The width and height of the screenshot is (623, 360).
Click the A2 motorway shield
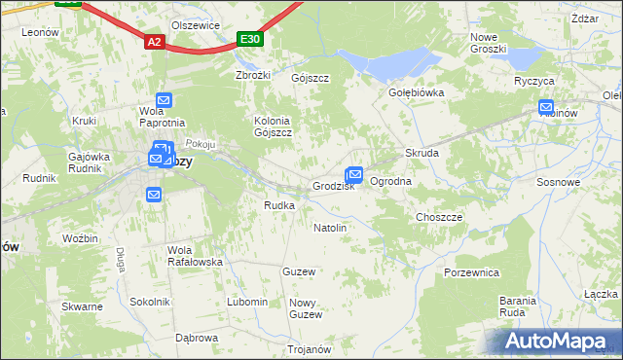(155, 42)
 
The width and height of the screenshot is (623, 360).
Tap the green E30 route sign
(250, 39)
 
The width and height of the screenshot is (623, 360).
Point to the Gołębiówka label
(417, 93)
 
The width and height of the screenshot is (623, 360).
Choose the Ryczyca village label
(534, 82)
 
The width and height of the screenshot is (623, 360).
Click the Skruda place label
(422, 154)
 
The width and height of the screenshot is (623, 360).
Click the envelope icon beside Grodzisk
(355, 174)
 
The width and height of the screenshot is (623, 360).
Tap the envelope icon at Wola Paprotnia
(164, 99)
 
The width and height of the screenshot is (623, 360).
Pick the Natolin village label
(330, 228)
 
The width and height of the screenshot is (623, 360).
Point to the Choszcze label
(439, 217)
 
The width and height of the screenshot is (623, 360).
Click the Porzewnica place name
(471, 273)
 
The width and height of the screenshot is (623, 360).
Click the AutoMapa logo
(556, 342)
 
